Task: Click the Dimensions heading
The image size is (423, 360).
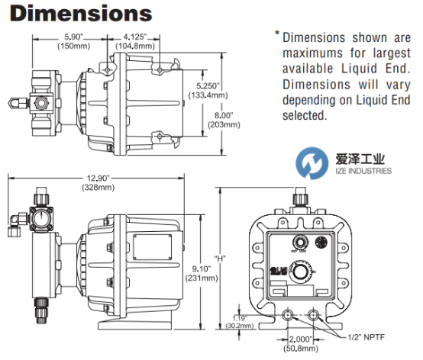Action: (81, 14)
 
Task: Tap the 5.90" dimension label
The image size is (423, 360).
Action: (73, 37)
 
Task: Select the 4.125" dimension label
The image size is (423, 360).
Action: (135, 37)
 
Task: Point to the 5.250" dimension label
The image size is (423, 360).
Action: (208, 86)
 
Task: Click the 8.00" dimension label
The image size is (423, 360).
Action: (224, 115)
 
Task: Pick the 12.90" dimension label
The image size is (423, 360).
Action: (98, 178)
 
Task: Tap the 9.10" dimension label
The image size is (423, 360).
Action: (202, 268)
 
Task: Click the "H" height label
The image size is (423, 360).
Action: (220, 259)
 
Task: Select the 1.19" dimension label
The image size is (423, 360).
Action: (239, 318)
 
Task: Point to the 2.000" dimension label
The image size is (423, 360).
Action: (301, 339)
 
